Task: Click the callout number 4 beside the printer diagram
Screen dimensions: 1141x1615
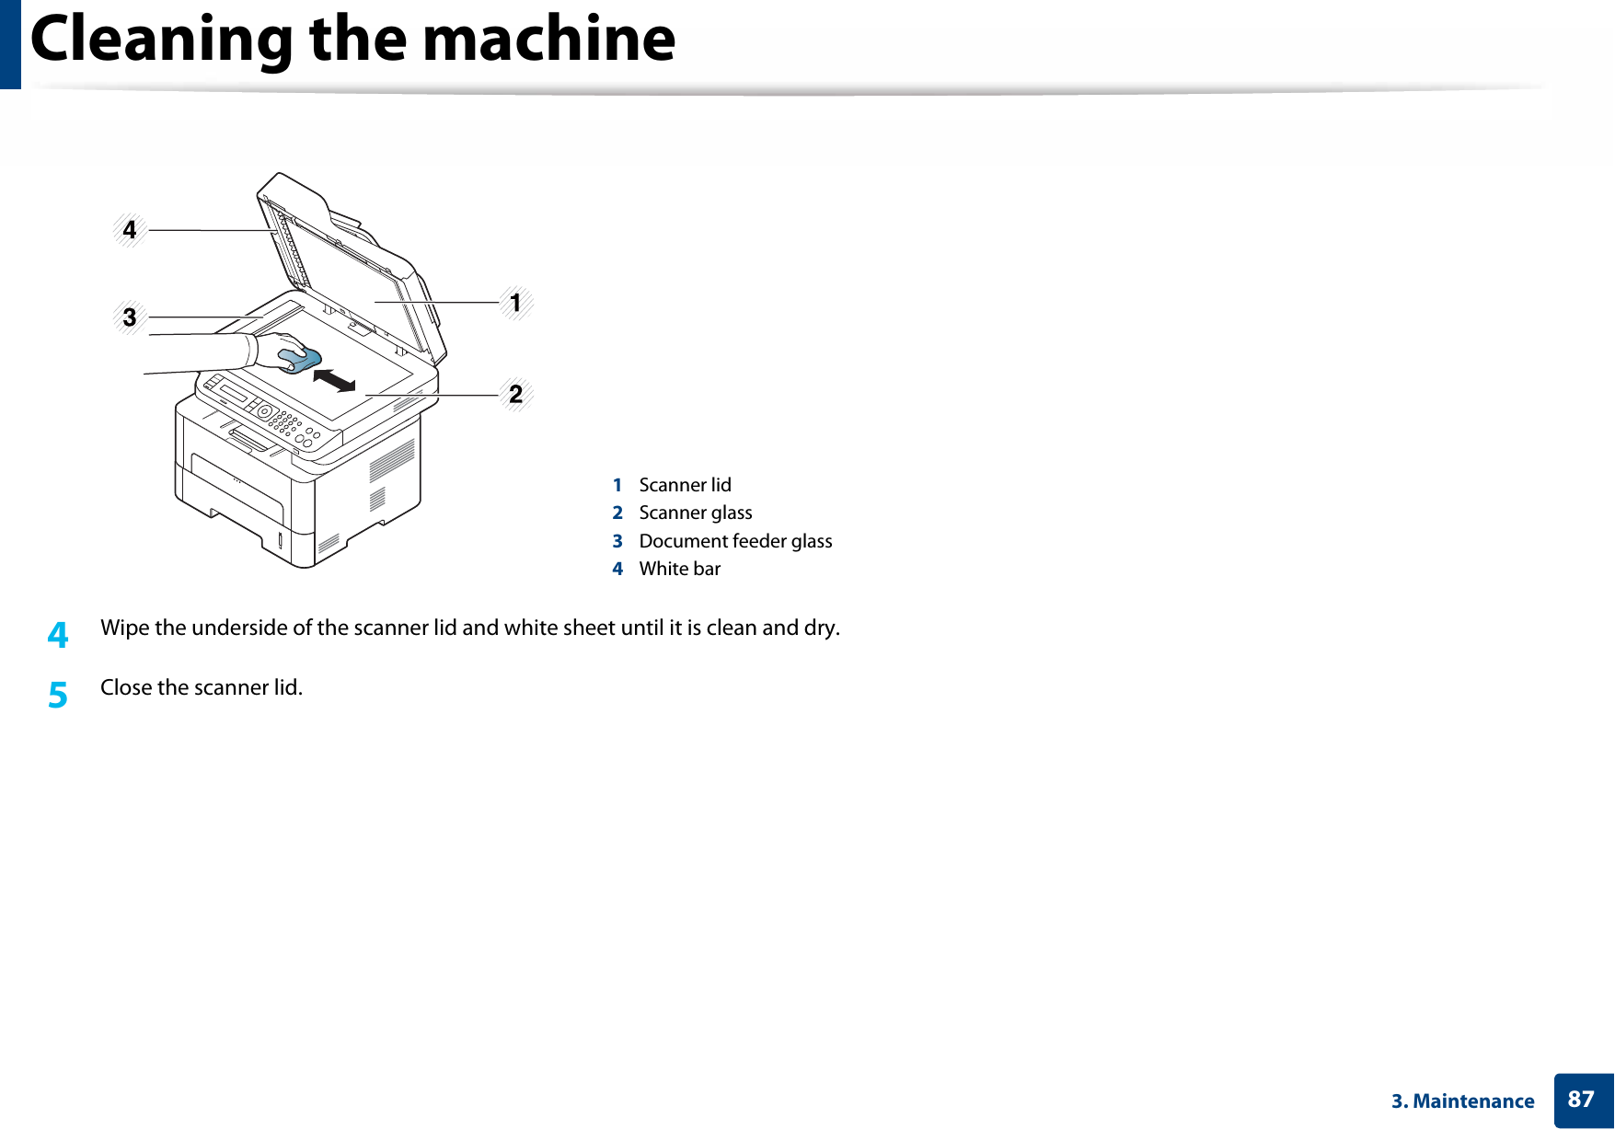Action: coord(130,230)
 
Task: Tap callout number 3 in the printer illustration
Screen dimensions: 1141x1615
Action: coord(130,317)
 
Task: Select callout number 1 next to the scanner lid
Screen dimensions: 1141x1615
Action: coord(515,303)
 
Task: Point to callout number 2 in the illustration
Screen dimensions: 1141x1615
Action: coord(515,395)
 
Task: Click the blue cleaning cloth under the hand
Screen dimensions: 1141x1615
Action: coord(301,360)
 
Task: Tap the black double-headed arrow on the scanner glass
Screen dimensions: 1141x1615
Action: coord(334,379)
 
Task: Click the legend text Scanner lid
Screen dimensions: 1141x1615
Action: coord(685,485)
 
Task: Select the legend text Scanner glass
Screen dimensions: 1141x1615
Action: coord(695,513)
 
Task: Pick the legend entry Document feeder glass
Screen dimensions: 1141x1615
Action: coord(735,541)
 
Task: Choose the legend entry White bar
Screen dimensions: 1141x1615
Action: coord(679,569)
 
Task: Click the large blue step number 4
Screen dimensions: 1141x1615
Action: coord(58,635)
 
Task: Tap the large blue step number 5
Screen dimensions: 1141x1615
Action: coord(58,695)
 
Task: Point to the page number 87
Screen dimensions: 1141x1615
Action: coord(1580,1100)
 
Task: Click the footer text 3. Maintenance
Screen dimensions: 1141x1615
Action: coord(1462,1101)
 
